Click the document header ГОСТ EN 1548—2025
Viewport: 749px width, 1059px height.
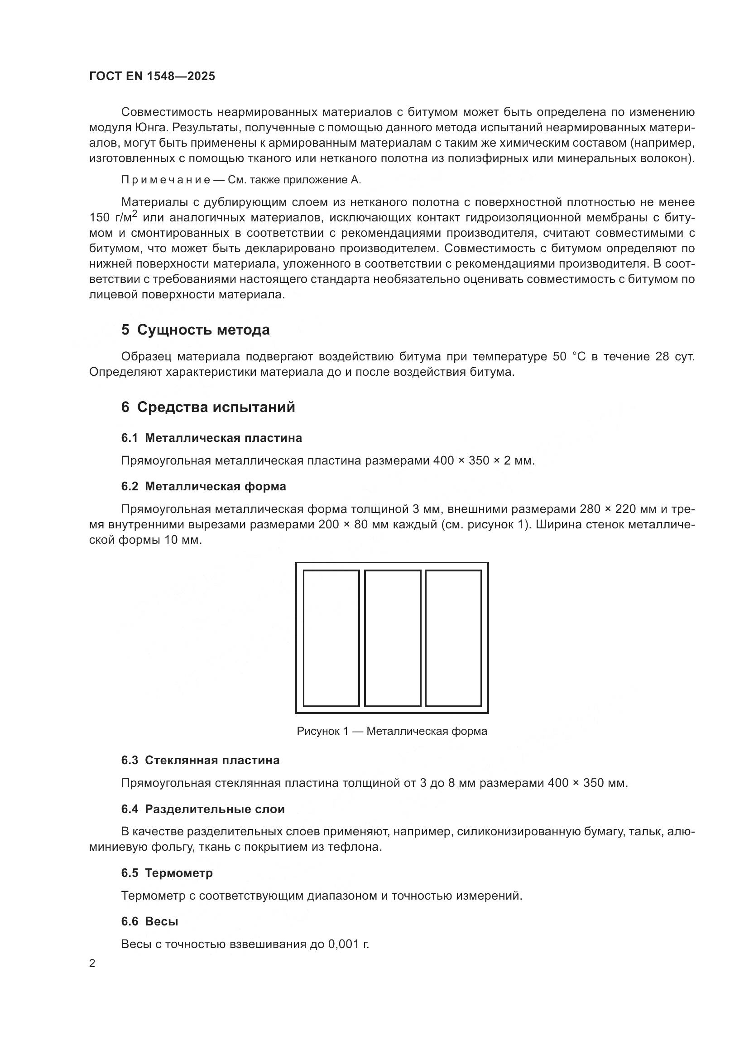[152, 77]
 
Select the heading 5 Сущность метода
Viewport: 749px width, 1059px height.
[195, 330]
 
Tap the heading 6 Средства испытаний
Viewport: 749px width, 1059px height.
[208, 408]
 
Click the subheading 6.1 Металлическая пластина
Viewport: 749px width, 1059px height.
[211, 438]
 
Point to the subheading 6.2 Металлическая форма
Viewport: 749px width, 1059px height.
[203, 487]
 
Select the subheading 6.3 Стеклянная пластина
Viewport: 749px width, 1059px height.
[200, 761]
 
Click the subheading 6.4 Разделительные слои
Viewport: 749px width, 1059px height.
[202, 810]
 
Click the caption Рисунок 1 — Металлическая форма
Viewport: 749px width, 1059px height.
[392, 731]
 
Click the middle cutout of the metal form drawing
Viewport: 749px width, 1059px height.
[392, 638]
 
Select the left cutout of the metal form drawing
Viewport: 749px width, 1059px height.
[331, 638]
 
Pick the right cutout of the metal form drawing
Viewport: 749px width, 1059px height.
[453, 638]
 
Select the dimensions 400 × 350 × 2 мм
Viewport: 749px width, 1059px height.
[484, 461]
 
